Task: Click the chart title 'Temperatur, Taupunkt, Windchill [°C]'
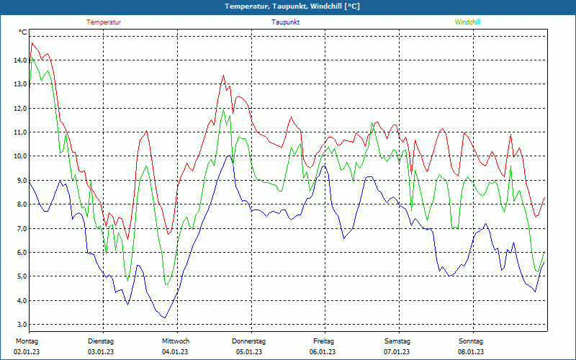(292, 6)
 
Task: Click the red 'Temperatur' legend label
(104, 22)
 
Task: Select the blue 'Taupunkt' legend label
(286, 22)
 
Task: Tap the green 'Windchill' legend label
(468, 22)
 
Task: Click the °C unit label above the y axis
(23, 32)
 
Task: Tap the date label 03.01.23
(101, 351)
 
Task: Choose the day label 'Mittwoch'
(176, 341)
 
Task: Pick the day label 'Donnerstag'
(249, 341)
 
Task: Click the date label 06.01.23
(323, 351)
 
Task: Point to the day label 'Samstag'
(397, 341)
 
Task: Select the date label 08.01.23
(472, 351)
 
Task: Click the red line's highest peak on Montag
(32, 43)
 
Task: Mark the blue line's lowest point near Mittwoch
(165, 318)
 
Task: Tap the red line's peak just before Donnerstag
(223, 75)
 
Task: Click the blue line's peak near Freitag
(324, 166)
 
